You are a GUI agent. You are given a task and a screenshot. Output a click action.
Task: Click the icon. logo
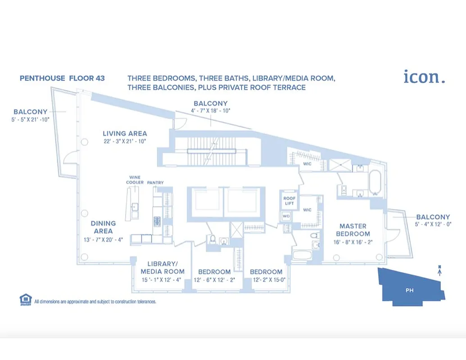(424, 76)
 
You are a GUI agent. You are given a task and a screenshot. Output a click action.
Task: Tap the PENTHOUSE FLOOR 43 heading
(62, 78)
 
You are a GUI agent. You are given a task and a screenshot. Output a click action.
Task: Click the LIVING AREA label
(125, 134)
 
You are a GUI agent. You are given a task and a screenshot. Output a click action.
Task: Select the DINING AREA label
(103, 227)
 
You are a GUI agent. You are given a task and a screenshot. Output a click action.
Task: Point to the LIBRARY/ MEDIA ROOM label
(163, 268)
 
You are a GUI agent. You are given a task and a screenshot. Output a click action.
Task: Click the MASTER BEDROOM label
(353, 230)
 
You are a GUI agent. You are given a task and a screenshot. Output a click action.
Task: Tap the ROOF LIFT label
(289, 201)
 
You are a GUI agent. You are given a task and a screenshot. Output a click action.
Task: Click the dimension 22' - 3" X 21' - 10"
(125, 142)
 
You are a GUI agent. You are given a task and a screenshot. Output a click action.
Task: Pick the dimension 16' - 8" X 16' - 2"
(353, 242)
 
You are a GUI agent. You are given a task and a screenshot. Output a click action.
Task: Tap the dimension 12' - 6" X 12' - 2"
(214, 280)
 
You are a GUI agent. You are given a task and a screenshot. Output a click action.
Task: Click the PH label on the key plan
(409, 290)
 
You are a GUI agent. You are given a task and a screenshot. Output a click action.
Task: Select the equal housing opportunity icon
(26, 300)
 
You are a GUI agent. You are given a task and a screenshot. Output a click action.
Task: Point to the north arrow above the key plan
(439, 271)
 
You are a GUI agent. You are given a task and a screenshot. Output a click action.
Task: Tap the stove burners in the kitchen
(157, 221)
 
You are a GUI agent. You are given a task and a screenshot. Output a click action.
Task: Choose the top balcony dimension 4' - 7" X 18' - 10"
(210, 111)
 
